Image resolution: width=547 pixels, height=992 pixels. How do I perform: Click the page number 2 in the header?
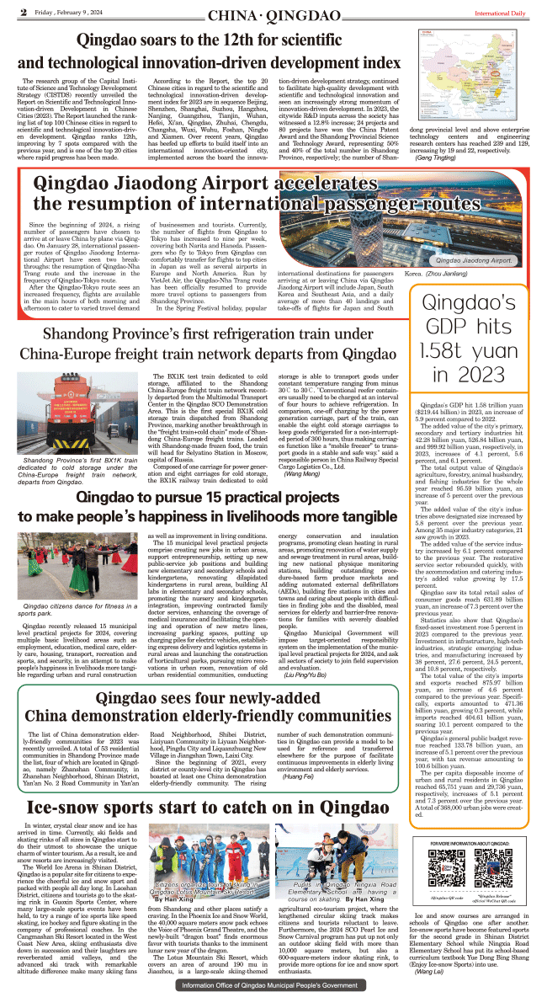click(x=24, y=12)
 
